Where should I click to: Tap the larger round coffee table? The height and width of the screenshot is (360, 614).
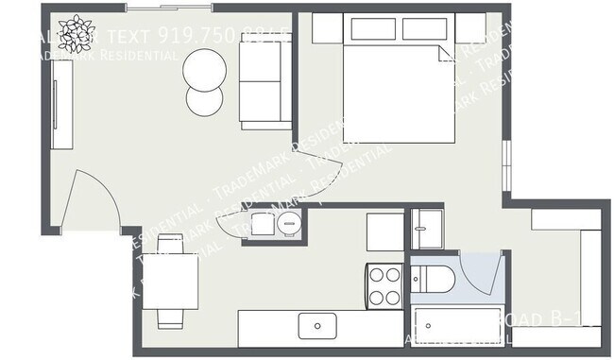pyautogui.click(x=205, y=67)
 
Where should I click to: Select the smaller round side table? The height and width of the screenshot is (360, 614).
pyautogui.click(x=204, y=100)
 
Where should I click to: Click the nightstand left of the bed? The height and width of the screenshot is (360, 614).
pyautogui.click(x=327, y=27)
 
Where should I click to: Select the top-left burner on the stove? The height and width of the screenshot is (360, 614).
pyautogui.click(x=376, y=276)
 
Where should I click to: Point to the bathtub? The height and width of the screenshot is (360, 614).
pyautogui.click(x=458, y=326)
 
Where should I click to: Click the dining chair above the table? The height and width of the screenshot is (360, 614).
pyautogui.click(x=170, y=245)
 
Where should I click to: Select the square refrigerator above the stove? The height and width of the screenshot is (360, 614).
pyautogui.click(x=385, y=231)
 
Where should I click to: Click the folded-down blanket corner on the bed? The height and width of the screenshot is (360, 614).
pyautogui.click(x=443, y=55)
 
